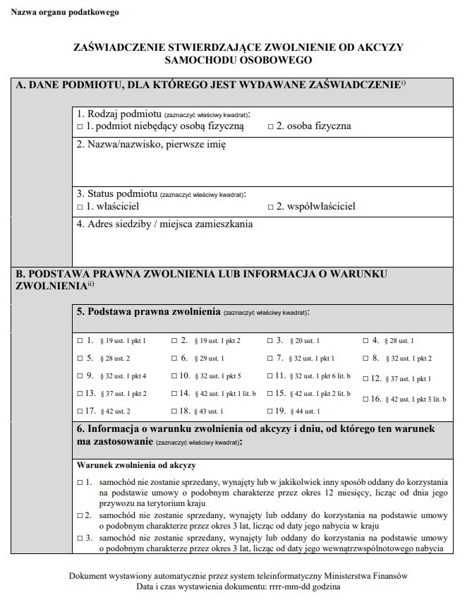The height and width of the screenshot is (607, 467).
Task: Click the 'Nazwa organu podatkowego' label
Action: coord(65,13)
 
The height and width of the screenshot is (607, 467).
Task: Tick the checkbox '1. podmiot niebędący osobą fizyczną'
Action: coord(80,126)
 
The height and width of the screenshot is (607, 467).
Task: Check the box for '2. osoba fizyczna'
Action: coord(270,126)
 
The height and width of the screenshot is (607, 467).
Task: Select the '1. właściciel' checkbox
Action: coord(80,207)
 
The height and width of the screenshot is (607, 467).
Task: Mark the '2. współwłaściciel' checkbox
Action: coord(270,207)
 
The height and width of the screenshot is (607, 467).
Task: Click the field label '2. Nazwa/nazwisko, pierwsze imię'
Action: coord(151,144)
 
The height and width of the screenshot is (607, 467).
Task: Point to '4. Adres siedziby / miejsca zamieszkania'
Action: coord(164,224)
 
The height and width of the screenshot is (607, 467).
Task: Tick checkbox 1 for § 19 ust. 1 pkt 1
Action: coord(80,340)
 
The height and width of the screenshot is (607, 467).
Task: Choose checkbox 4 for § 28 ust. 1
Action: coord(365,340)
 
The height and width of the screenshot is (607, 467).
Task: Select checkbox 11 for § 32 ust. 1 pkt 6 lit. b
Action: coord(270,375)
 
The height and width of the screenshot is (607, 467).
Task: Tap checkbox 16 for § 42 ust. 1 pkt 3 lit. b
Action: coord(365,399)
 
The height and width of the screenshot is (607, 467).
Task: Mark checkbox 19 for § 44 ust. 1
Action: coord(270,411)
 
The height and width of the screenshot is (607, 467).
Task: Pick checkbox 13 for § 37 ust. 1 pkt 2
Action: coord(80,393)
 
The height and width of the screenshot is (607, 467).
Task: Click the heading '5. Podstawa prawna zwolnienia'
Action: coord(149,311)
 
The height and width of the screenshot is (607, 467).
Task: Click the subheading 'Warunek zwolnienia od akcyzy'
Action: coord(136,466)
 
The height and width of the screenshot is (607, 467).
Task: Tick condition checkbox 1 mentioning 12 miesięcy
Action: coord(80,481)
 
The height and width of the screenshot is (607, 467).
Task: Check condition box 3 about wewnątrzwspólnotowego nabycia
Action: coord(80,538)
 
